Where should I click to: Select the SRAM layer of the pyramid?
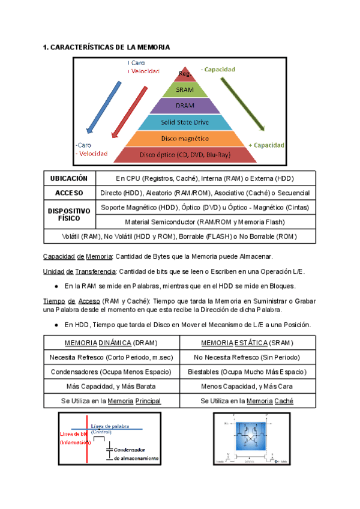[x=185, y=90]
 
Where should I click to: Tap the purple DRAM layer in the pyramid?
[x=185, y=106]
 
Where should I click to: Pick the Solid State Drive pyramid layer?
[x=185, y=122]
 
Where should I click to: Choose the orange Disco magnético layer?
[x=185, y=139]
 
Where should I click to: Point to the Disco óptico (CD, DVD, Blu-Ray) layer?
[x=185, y=155]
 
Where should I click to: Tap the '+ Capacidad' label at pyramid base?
[x=266, y=145]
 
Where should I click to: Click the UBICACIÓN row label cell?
[x=68, y=178]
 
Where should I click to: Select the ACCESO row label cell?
[x=68, y=193]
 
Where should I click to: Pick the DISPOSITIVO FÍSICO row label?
[x=68, y=215]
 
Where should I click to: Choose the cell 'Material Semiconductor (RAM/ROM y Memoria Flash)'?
[x=205, y=222]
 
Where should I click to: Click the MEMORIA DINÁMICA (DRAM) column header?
[x=112, y=343]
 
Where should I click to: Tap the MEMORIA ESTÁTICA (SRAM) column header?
[x=247, y=343]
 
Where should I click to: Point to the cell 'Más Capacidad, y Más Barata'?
[x=112, y=386]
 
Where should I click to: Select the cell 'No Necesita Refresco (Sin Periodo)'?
[x=247, y=357]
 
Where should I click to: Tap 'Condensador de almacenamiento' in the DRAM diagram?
[x=136, y=453]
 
